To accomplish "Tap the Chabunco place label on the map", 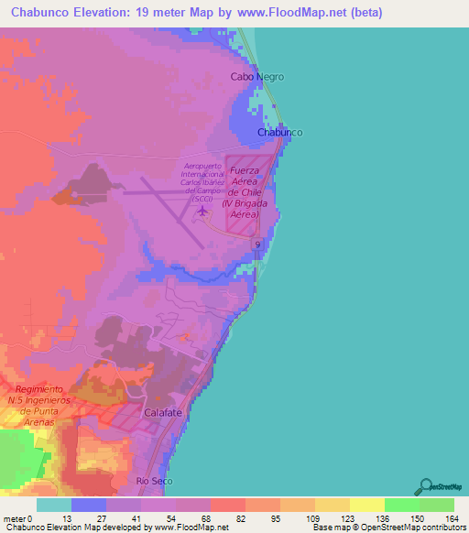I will (279, 133).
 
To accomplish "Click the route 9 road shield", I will (259, 245).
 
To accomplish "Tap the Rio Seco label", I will (154, 480).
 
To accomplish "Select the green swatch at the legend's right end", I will (437, 505).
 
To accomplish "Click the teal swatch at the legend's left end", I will (54, 505).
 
